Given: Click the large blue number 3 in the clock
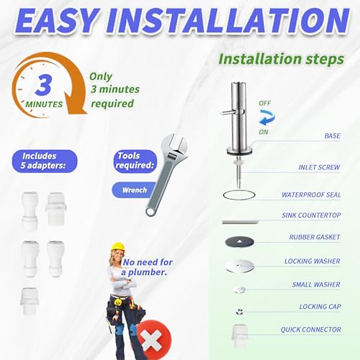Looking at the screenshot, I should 44,85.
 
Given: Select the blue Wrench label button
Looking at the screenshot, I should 134,190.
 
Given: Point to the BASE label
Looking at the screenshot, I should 332,136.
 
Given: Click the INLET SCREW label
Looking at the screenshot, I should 319,167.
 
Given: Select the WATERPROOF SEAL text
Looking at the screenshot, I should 311,195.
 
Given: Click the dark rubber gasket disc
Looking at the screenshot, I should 239,241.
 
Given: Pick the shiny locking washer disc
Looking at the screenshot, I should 239,265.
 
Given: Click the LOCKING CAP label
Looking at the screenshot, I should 320,307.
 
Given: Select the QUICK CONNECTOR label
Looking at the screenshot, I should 311,330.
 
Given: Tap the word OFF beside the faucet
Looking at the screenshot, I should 265,103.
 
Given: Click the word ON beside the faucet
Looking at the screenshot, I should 263,132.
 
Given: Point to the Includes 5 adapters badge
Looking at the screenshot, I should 44,161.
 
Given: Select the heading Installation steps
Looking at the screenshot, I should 281,59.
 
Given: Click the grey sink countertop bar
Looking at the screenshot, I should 240,222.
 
